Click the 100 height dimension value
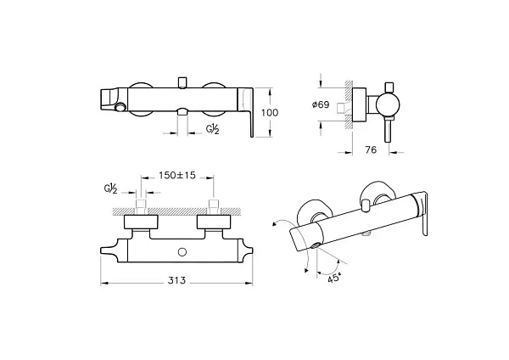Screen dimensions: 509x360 (x=270, y=113)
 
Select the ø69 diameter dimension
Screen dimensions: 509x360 (x=321, y=104)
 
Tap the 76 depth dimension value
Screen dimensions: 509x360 (x=371, y=149)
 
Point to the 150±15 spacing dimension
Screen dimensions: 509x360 (x=177, y=176)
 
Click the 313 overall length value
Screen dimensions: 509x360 (x=176, y=280)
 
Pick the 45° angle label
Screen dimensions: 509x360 (x=334, y=278)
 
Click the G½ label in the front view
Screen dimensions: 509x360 (x=213, y=129)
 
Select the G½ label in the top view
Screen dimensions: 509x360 (x=110, y=188)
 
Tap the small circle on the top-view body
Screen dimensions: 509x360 (x=182, y=252)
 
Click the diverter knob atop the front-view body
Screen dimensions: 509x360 (x=182, y=82)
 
